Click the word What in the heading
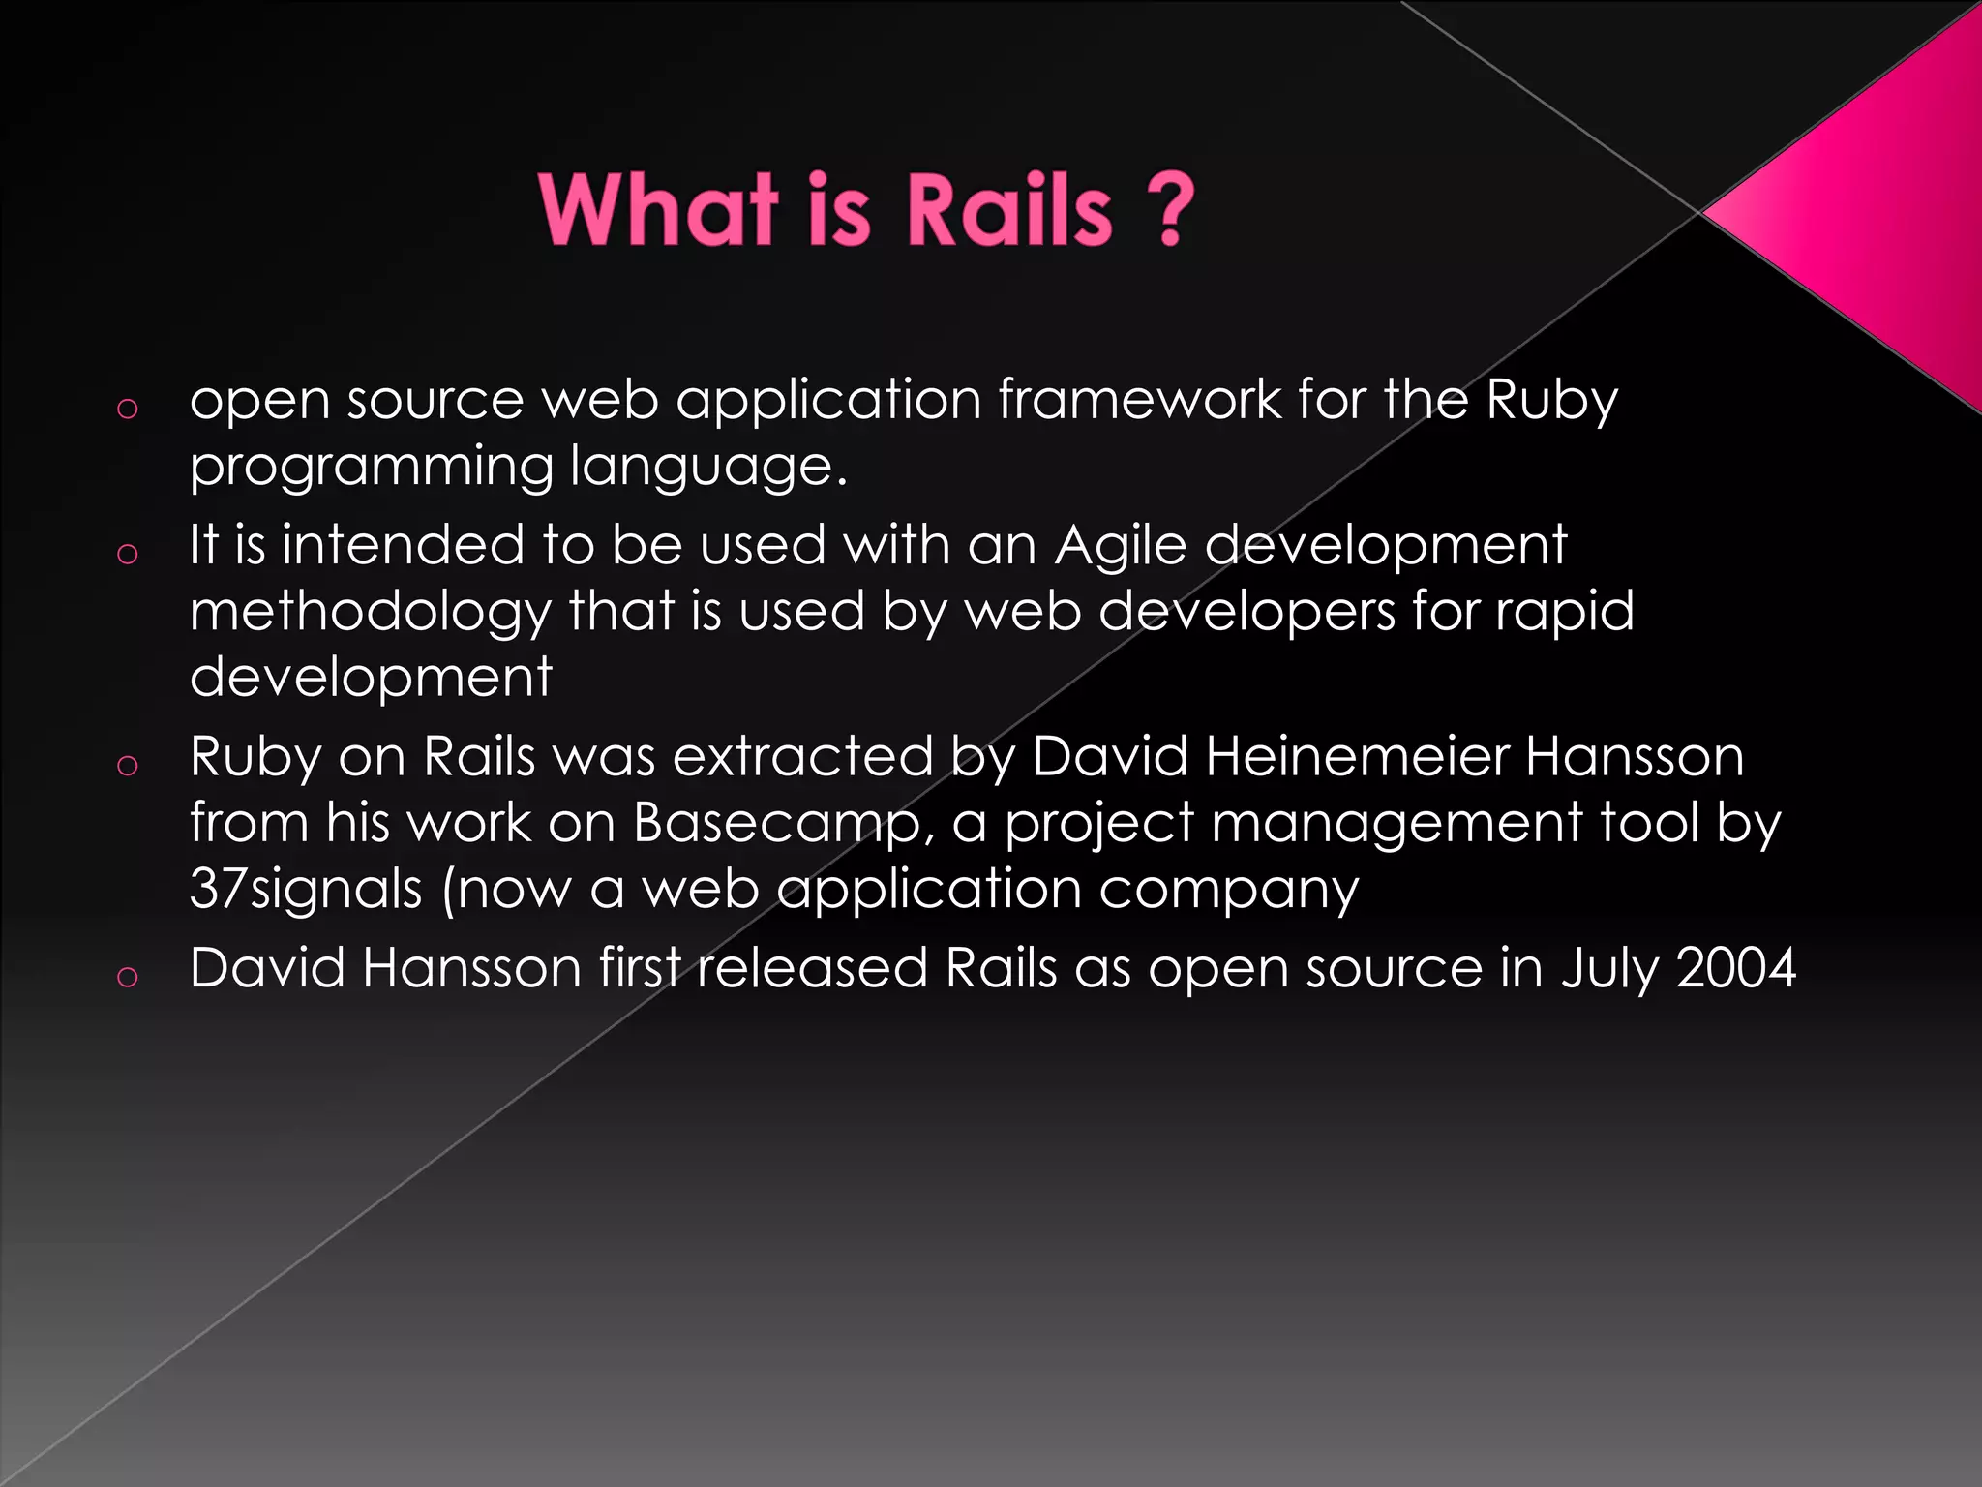[x=658, y=210]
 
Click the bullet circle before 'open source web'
[x=127, y=409]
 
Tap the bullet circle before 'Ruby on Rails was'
[x=127, y=766]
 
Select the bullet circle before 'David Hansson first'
[x=127, y=977]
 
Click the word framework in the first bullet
[x=1138, y=399]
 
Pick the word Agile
[x=1120, y=545]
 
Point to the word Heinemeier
[x=1357, y=756]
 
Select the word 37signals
[x=306, y=889]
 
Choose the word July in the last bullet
[x=1607, y=969]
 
